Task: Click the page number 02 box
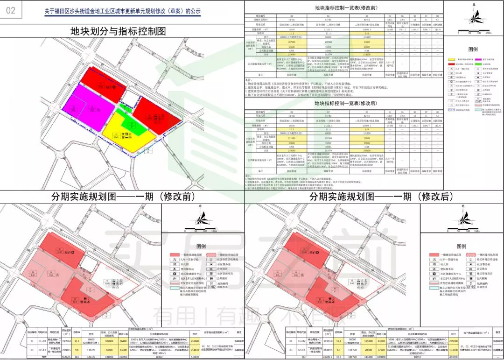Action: [x=11, y=10]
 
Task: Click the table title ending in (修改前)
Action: [x=346, y=8]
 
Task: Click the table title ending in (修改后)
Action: [x=346, y=103]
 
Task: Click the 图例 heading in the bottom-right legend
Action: [x=462, y=247]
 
